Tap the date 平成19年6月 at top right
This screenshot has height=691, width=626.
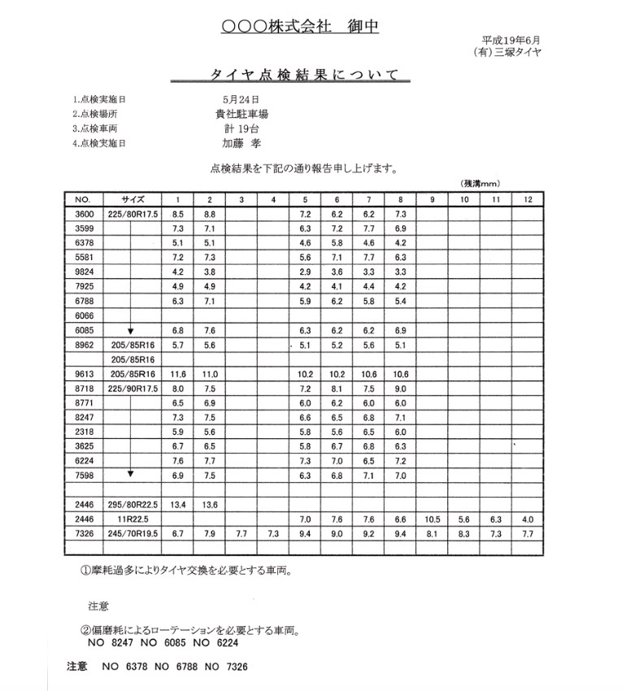511,39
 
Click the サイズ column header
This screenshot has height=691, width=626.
133,199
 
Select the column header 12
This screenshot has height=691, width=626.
528,199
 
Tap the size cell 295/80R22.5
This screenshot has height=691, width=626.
133,504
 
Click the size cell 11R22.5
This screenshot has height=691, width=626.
133,519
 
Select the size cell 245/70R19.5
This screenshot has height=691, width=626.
133,533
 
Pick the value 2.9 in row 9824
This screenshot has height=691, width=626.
305,272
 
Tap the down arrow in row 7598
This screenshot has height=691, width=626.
130,473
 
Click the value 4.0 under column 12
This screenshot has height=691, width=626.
528,519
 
